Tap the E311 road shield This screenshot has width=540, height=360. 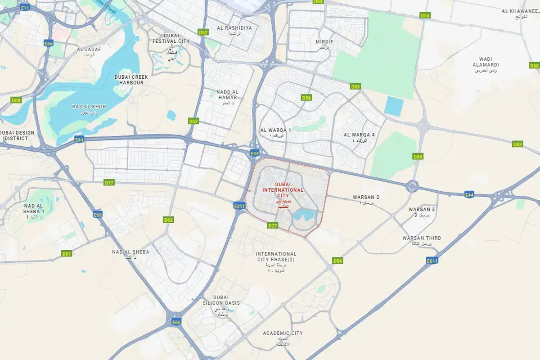click(239, 206)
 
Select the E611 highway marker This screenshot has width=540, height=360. click(432, 261)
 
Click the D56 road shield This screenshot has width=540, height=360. click(306, 98)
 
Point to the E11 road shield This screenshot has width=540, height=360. click(25, 8)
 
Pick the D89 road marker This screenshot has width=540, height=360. click(318, 2)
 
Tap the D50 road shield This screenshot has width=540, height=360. click(534, 66)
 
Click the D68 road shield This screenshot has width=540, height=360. click(16, 100)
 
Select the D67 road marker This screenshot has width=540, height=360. click(67, 254)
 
